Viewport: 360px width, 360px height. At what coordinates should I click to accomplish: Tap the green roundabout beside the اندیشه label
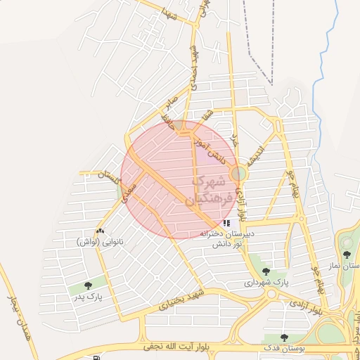coord(240,173)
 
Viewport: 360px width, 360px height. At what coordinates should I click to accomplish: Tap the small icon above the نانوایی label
coord(100,231)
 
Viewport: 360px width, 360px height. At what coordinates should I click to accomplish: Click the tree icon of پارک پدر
coord(88,285)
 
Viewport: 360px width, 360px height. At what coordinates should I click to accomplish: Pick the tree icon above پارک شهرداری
coord(265,271)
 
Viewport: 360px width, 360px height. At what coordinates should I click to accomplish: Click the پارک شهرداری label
coord(266,282)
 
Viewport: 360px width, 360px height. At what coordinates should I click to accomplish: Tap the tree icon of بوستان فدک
coord(285,338)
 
